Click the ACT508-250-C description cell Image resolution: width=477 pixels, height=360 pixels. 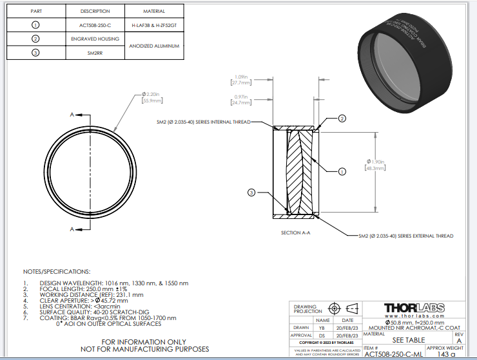(95, 24)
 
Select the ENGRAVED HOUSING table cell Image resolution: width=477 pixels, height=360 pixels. (95, 39)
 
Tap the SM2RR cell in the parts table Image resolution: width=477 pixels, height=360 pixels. (95, 53)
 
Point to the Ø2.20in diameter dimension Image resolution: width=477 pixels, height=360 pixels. (153, 98)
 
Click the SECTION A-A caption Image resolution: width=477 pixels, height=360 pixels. (296, 232)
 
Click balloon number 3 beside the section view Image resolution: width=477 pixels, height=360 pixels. (252, 191)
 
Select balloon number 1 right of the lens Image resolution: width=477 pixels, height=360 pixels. (342, 171)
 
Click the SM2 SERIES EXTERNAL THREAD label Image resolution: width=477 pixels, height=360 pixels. (405, 236)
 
